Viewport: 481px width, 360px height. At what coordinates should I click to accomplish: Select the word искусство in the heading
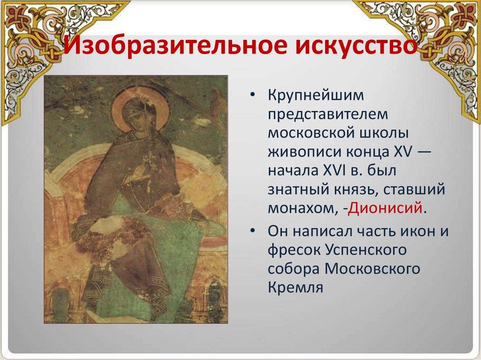[356, 46]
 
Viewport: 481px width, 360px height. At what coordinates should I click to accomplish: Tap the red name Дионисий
[385, 208]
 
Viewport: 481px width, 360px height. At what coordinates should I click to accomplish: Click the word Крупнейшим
[316, 96]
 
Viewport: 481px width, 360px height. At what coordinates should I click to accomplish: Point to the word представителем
[328, 115]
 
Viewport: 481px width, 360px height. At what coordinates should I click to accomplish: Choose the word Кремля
[295, 288]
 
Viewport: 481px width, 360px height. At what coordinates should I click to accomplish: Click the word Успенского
[365, 250]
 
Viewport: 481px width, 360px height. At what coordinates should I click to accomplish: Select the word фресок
[294, 250]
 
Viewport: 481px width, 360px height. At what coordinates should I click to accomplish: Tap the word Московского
[372, 269]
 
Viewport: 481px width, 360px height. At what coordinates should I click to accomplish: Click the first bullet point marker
[252, 96]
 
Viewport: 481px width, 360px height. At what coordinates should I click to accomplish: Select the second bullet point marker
[252, 231]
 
